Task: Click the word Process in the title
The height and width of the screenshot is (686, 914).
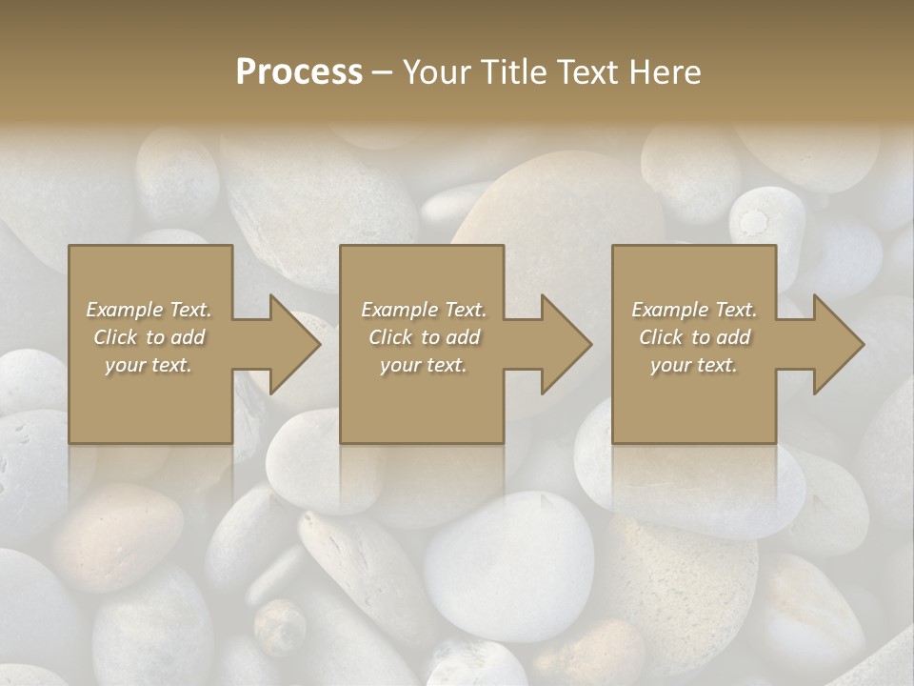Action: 299,72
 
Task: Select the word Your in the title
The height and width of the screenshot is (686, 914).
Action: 440,72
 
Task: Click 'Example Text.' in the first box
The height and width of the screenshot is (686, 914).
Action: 149,310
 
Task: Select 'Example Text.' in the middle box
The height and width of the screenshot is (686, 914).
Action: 424,310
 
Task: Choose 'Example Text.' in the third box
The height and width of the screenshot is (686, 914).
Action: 694,310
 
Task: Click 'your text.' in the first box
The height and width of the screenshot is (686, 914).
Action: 149,365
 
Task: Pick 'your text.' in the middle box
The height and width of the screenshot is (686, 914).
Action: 424,365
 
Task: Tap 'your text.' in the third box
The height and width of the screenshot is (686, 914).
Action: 694,365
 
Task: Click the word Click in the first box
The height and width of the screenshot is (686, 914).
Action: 115,337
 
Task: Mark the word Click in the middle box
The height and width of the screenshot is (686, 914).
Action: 390,337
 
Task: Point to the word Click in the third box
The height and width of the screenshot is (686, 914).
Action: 661,337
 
